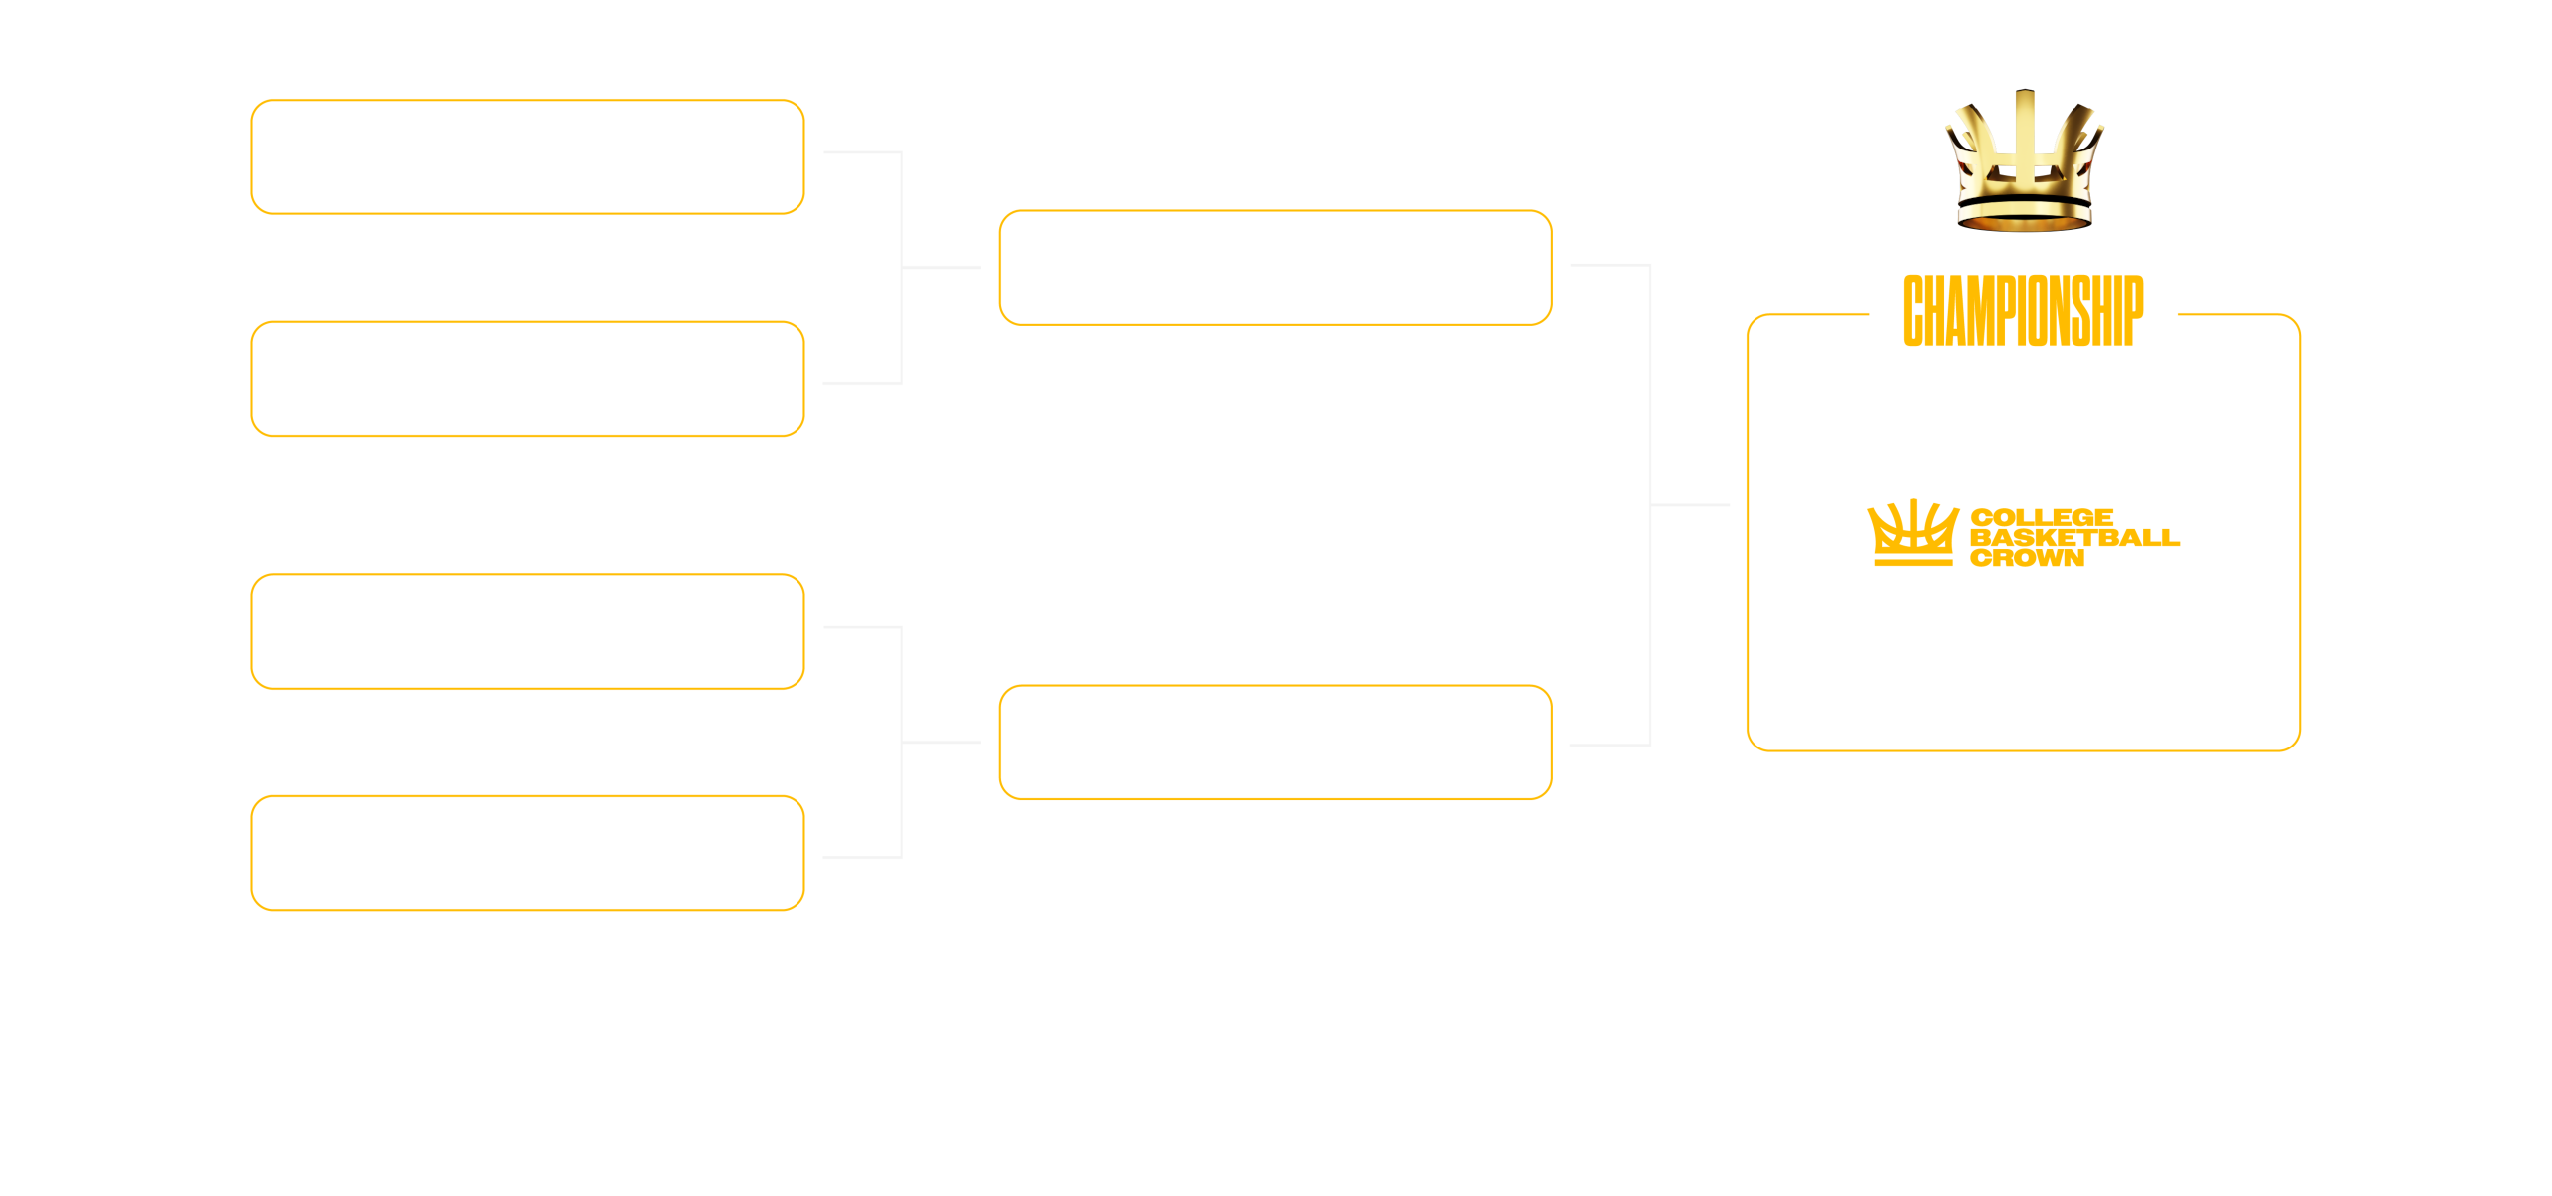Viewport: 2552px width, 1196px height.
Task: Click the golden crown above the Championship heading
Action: (2024, 164)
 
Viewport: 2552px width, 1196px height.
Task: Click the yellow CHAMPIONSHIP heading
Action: (2023, 311)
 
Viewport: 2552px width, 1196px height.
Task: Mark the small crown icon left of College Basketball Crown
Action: (1912, 532)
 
